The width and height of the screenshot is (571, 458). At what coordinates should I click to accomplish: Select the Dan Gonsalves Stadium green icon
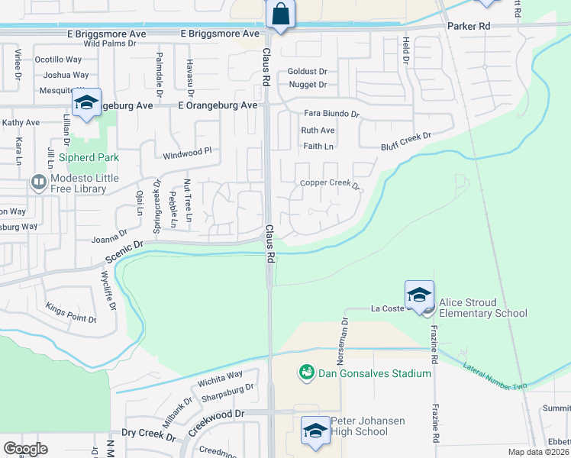pyautogui.click(x=307, y=373)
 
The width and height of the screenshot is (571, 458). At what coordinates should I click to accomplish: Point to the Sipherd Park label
pyautogui.click(x=83, y=160)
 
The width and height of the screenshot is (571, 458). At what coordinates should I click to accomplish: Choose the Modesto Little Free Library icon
pyautogui.click(x=37, y=182)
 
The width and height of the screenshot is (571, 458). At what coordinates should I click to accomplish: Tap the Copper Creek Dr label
pyautogui.click(x=329, y=183)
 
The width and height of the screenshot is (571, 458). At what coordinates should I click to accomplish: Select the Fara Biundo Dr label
pyautogui.click(x=330, y=114)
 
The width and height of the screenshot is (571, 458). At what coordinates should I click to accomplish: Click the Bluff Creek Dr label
pyautogui.click(x=406, y=140)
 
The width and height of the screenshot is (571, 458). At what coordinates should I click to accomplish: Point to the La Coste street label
pyautogui.click(x=386, y=308)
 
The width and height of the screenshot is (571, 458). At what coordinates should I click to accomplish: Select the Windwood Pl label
pyautogui.click(x=186, y=153)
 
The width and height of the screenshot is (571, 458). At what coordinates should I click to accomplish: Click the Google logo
pyautogui.click(x=26, y=448)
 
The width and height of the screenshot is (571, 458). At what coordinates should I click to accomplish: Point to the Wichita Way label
pyautogui.click(x=219, y=376)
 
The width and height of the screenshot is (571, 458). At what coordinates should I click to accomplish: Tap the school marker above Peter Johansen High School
pyautogui.click(x=315, y=430)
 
